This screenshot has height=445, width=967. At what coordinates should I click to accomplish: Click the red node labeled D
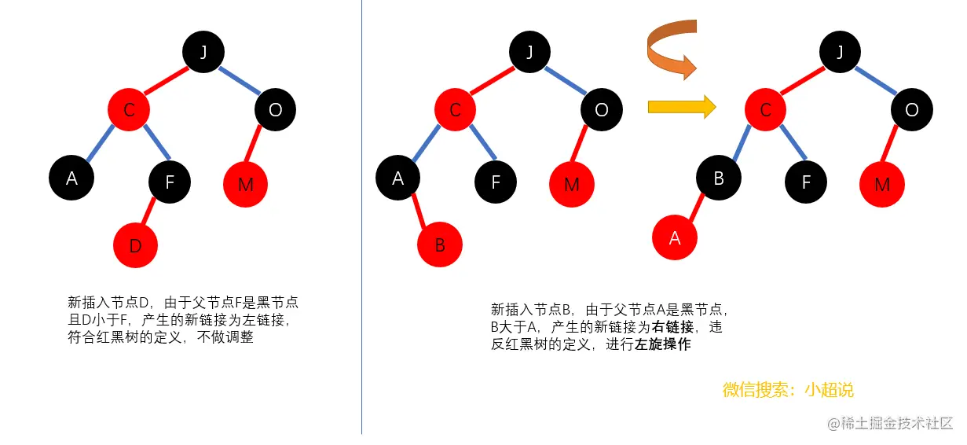(135, 245)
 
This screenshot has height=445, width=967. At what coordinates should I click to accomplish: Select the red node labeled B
(439, 245)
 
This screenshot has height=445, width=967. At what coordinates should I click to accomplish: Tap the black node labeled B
(718, 178)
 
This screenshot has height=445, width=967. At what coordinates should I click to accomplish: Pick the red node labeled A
(675, 237)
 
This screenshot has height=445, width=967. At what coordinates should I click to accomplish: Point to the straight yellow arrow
(681, 107)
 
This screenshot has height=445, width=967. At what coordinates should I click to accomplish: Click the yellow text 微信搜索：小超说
(788, 390)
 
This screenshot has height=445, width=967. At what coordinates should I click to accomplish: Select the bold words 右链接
(673, 326)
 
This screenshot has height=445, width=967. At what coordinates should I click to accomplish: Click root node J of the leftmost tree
(204, 52)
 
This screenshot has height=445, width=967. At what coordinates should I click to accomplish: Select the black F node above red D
(170, 182)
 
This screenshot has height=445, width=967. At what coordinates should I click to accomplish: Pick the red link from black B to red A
(696, 208)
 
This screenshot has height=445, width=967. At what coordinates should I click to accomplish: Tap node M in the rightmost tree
(882, 185)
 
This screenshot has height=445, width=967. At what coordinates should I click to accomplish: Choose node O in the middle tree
(602, 110)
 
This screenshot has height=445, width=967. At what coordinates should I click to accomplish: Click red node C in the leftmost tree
(130, 110)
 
